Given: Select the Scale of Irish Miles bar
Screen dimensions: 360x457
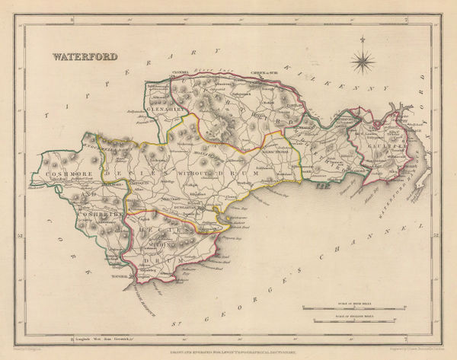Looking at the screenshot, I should [358, 307].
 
